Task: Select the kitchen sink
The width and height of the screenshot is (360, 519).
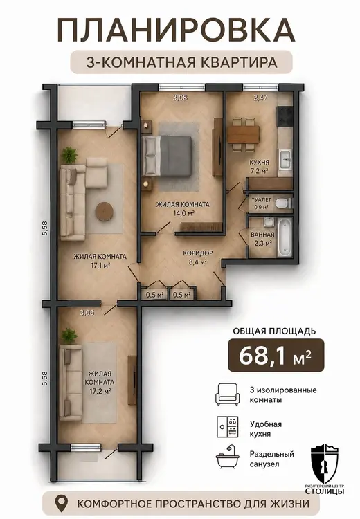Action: (x=285, y=159)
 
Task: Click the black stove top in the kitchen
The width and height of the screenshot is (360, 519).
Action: (x=285, y=116)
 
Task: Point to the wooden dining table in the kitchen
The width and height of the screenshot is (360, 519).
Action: (x=243, y=134)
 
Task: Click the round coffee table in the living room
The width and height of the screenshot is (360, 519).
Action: (x=105, y=212)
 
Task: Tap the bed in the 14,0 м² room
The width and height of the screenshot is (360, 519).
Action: (x=168, y=156)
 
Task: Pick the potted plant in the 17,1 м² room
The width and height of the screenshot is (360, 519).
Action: (x=70, y=155)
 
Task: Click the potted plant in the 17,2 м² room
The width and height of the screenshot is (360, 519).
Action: (x=69, y=336)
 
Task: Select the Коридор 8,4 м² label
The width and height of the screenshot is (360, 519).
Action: (x=198, y=257)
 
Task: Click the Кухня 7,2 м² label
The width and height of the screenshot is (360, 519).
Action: (x=259, y=166)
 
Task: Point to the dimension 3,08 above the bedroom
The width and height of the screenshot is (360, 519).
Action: (x=181, y=98)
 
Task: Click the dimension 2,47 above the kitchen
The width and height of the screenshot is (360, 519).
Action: (x=260, y=98)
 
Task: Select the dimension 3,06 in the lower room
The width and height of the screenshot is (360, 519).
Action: (x=87, y=312)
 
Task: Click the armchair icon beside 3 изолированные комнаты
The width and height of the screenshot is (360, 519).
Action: (x=227, y=394)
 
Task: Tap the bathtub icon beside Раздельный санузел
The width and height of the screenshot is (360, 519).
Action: (x=227, y=458)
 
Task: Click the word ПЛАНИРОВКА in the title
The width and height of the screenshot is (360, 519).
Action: (x=176, y=30)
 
